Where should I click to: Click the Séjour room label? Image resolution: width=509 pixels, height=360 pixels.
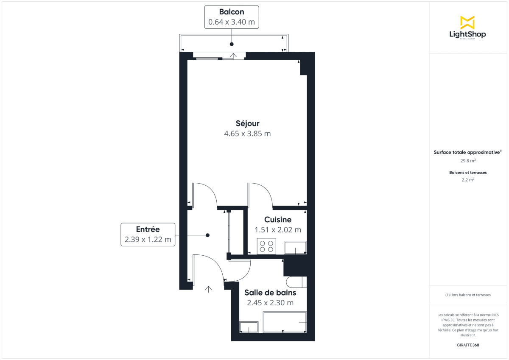tap(247, 123)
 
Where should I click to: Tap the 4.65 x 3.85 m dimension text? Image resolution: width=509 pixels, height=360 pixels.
tap(247, 134)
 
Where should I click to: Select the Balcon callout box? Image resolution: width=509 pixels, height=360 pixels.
tap(232, 17)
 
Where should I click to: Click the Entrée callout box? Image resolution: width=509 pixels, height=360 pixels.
tap(148, 234)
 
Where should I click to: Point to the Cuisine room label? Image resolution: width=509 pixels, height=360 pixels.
tap(278, 220)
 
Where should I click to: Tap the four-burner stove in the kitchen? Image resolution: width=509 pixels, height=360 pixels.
tap(266, 246)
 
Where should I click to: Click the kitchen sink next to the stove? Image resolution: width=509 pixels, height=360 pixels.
tap(295, 247)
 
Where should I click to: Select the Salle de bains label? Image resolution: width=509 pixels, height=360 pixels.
tap(270, 293)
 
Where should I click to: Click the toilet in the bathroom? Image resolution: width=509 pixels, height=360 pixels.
tap(296, 282)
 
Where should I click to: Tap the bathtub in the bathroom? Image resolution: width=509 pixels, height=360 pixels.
tap(285, 322)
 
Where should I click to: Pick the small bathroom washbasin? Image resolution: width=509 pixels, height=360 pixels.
tap(249, 327)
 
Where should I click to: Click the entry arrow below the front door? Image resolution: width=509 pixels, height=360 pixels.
tap(208, 289)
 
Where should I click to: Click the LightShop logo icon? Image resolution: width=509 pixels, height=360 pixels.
tap(467, 22)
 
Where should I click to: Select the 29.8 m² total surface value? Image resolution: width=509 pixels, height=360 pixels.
tap(468, 161)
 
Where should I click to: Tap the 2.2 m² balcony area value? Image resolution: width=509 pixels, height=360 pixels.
tap(468, 180)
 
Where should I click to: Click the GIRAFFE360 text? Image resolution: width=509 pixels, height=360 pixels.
tap(468, 345)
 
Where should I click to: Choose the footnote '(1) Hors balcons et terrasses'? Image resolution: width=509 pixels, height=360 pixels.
tap(468, 295)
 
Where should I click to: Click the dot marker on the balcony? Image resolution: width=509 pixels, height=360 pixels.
tap(232, 44)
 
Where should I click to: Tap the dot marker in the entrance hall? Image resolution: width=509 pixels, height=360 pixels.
tap(207, 235)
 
